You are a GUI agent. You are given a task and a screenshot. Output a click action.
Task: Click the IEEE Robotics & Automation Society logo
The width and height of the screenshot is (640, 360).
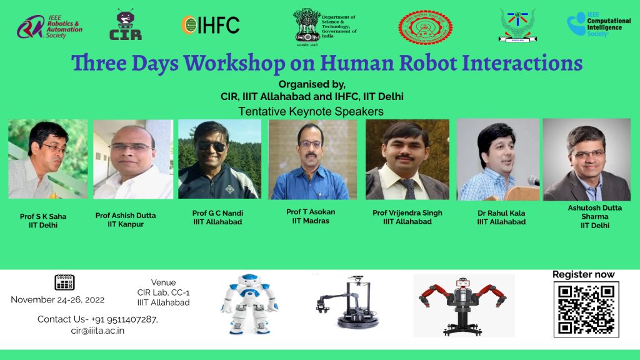[49, 26]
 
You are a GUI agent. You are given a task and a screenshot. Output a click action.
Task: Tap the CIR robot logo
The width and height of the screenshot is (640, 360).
[126, 25]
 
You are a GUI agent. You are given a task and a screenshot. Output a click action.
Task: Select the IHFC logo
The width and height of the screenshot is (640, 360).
[210, 24]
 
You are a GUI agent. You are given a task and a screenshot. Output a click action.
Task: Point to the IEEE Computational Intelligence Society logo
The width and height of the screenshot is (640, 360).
[598, 25]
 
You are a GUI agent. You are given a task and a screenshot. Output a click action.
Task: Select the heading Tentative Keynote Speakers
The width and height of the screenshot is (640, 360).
[311, 111]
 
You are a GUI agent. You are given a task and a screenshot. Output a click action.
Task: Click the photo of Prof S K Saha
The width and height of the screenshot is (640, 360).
[47, 159]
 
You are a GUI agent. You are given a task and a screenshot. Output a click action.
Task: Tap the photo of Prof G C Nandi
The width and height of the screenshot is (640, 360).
[219, 159]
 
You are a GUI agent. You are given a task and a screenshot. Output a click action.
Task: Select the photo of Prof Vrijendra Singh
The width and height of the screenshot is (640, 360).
[407, 159]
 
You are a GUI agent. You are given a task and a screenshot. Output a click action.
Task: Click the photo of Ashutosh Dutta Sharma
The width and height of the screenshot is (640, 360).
[586, 159]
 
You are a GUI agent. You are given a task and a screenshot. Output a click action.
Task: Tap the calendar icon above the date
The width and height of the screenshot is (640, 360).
[64, 282]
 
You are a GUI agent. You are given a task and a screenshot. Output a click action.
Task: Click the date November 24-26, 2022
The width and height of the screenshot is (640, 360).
[57, 299]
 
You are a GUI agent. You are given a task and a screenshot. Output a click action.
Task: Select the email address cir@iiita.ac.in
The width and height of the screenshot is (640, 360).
[97, 331]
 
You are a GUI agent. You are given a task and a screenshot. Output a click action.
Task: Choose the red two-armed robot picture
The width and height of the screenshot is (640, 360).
[462, 304]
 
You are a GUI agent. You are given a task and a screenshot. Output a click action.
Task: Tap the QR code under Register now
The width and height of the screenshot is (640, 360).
[586, 309]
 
